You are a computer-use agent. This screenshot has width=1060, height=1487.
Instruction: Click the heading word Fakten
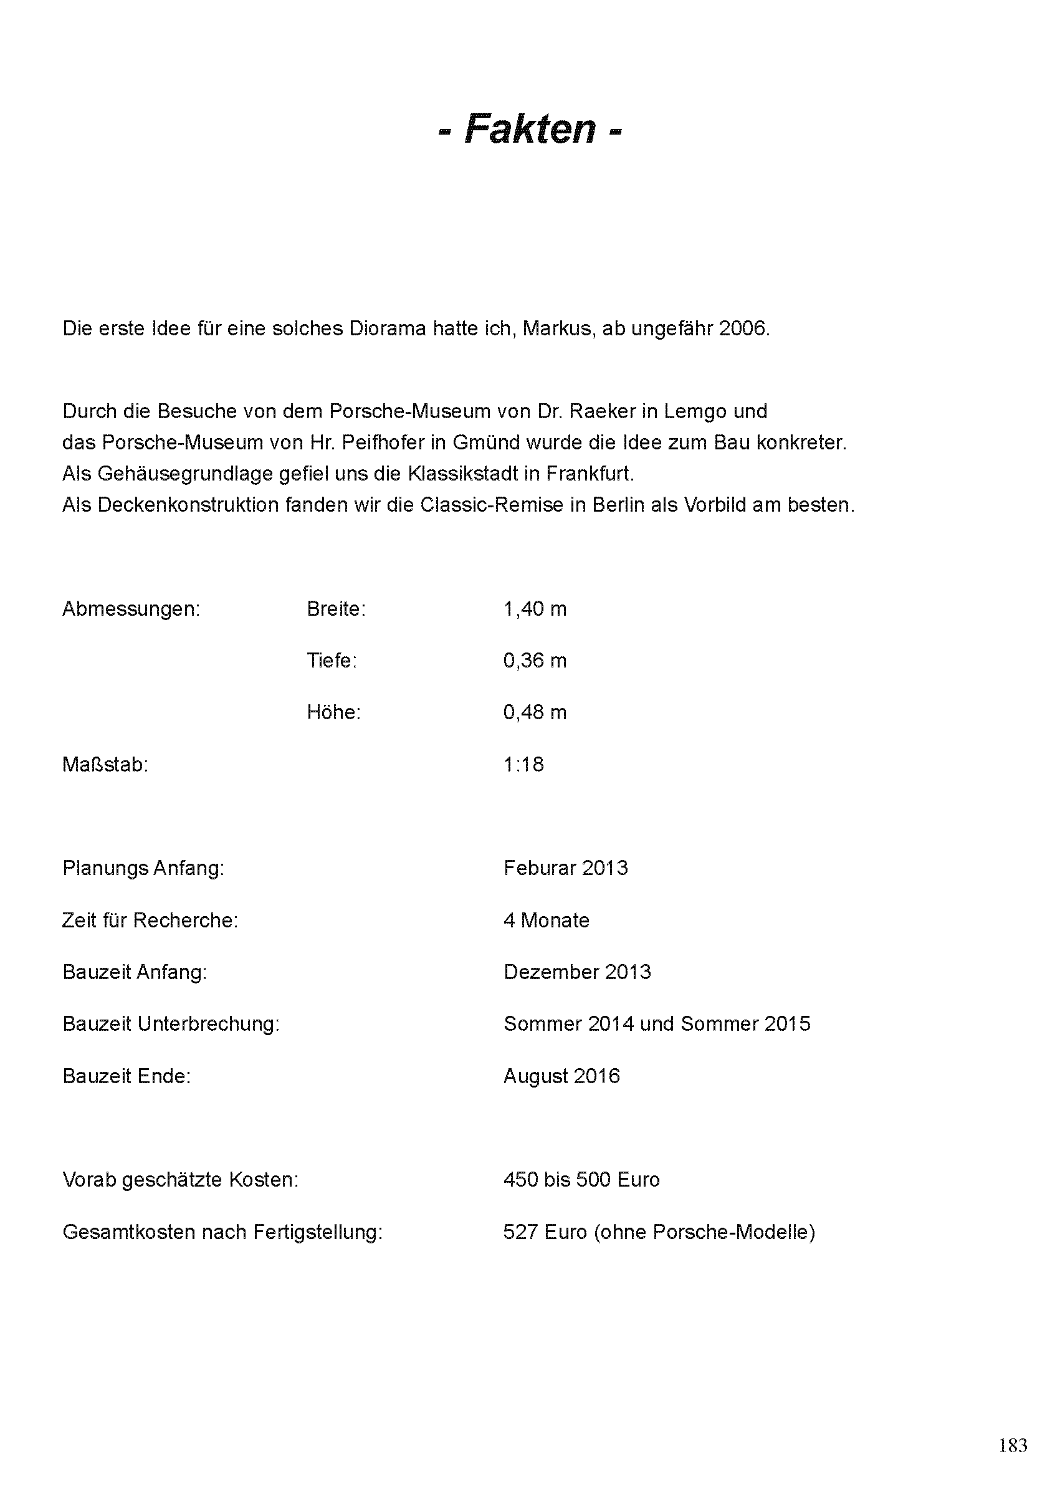pyautogui.click(x=530, y=128)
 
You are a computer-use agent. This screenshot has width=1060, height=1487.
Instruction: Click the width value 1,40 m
pyautogui.click(x=535, y=609)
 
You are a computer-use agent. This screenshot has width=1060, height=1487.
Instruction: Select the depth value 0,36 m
pyautogui.click(x=535, y=661)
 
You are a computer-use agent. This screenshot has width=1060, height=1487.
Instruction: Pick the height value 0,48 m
pyautogui.click(x=535, y=712)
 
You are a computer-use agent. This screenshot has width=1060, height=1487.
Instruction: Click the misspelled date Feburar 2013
pyautogui.click(x=565, y=868)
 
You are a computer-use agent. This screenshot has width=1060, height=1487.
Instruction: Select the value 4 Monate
pyautogui.click(x=547, y=920)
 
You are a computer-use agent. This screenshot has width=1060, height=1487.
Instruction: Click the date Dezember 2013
pyautogui.click(x=577, y=972)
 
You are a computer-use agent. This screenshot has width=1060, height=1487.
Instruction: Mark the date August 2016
pyautogui.click(x=561, y=1076)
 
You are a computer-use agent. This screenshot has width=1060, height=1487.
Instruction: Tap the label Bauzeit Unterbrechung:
pyautogui.click(x=171, y=1023)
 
